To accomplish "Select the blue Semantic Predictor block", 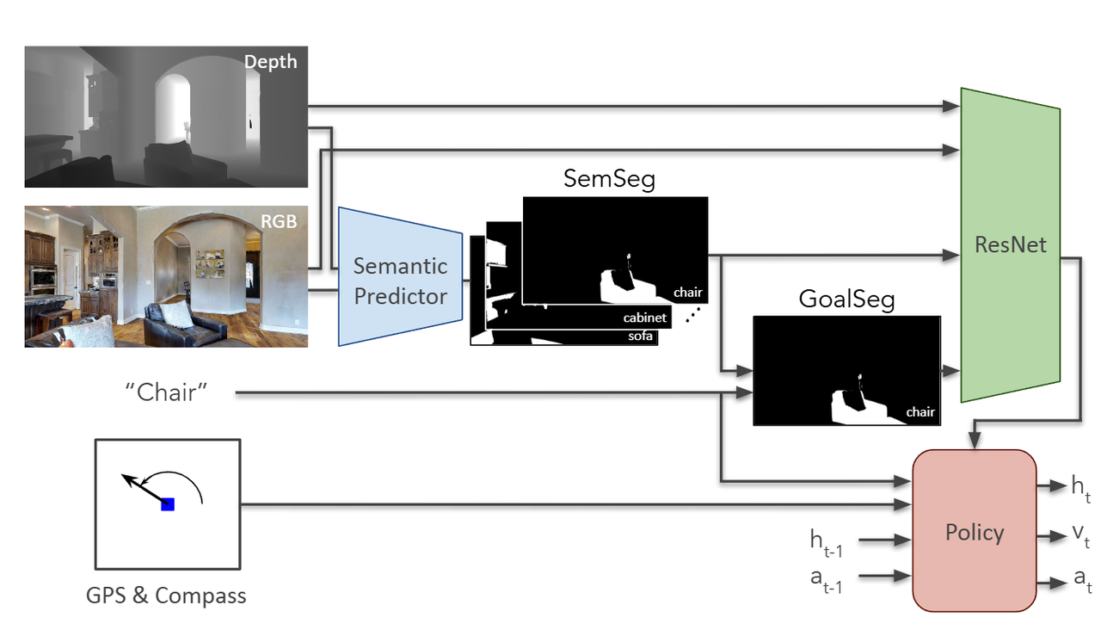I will pyautogui.click(x=401, y=281).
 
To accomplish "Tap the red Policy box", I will pyautogui.click(x=974, y=532).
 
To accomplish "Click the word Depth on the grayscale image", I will pyautogui.click(x=270, y=62).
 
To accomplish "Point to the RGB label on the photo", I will pyautogui.click(x=279, y=221).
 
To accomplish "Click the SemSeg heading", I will pyautogui.click(x=609, y=179).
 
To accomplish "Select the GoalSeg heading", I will pyautogui.click(x=846, y=299).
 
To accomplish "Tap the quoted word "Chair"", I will pyautogui.click(x=167, y=393).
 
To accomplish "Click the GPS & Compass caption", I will pyautogui.click(x=166, y=595).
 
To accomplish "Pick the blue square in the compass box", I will pyautogui.click(x=168, y=504).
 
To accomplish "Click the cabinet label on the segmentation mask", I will pyautogui.click(x=645, y=318).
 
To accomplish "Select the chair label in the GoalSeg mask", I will pyautogui.click(x=920, y=412).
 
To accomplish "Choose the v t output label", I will pyautogui.click(x=1080, y=537).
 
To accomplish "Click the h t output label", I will pyautogui.click(x=1079, y=487).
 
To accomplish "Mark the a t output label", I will pyautogui.click(x=1082, y=581).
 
